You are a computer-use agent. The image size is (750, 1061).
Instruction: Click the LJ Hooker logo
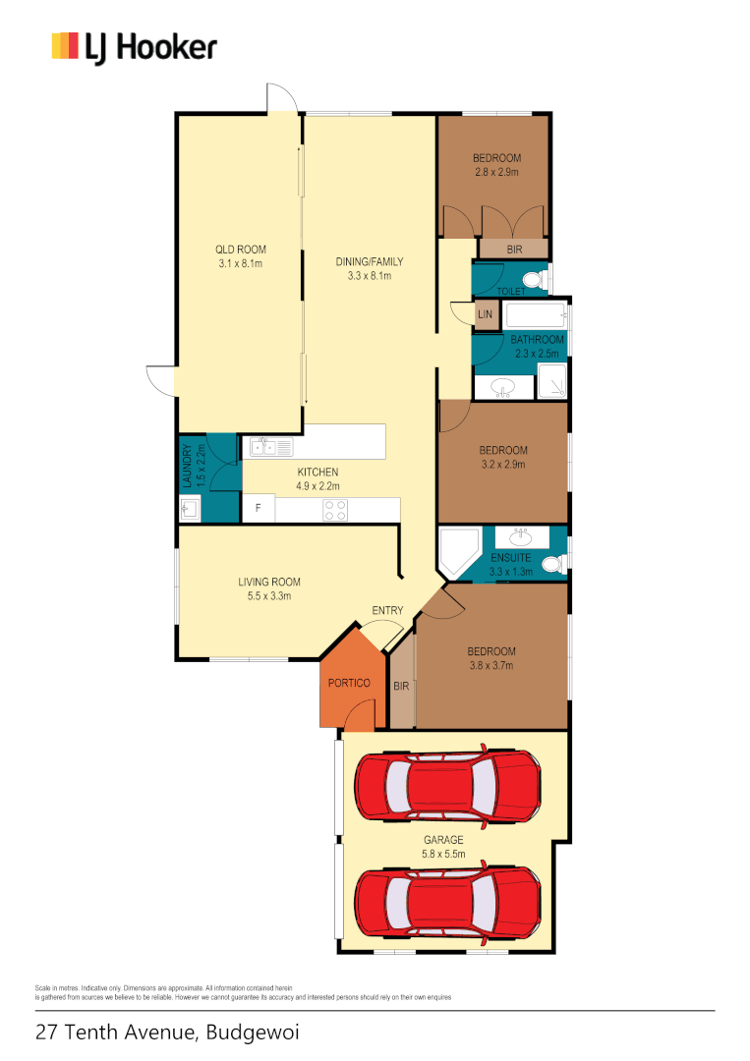tap(134, 46)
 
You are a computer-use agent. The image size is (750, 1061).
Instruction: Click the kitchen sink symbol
tap(271, 448)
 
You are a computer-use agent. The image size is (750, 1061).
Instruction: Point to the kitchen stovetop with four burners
tap(336, 510)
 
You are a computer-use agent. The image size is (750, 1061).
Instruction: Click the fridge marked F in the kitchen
tap(259, 509)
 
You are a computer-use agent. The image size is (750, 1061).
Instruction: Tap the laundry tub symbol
tap(190, 509)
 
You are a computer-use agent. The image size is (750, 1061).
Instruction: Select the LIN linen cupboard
tap(485, 314)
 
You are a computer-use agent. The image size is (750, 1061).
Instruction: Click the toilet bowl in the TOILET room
tap(533, 278)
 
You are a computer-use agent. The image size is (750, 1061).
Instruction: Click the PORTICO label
tap(349, 683)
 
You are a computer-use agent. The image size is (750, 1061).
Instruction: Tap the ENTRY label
tap(387, 610)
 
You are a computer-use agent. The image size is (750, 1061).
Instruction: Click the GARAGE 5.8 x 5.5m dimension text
tap(443, 854)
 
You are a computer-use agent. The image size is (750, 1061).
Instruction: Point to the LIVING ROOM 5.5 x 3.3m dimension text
tap(268, 595)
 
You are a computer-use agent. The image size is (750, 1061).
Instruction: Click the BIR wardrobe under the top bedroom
tap(514, 250)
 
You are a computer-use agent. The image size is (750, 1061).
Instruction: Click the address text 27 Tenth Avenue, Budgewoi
tap(167, 1033)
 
